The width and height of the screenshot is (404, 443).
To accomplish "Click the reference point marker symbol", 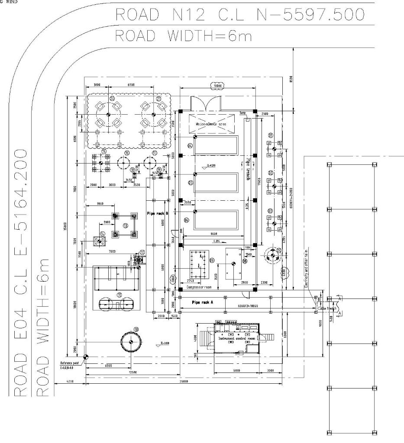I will pyautogui.click(x=85, y=356).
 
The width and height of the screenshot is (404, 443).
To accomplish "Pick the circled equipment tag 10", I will pyautogui.click(x=136, y=329).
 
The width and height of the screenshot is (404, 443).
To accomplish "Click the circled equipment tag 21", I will pyautogui.click(x=158, y=99).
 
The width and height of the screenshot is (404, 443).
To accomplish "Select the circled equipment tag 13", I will pyautogui.click(x=126, y=225).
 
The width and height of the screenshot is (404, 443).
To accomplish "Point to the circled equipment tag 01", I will pyautogui.click(x=271, y=135).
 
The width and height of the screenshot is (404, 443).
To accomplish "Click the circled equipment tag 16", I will pyautogui.click(x=127, y=153).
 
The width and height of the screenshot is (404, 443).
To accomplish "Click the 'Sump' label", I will pyautogui.click(x=242, y=112).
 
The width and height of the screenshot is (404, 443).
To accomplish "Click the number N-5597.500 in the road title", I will pyautogui.click(x=310, y=15).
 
